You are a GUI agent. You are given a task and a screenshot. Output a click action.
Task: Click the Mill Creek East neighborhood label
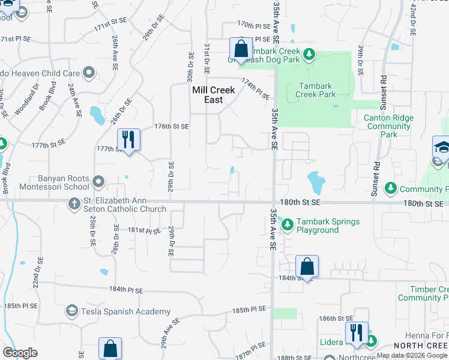pos(213,95)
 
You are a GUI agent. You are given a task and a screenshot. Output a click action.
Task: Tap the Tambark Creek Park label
pos(316,90)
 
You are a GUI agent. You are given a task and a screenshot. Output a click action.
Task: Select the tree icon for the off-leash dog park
pos(309,55)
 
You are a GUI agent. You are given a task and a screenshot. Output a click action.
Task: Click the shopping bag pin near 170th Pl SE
pos(241,49)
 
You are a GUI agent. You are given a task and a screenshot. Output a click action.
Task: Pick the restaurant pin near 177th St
pos(128,140)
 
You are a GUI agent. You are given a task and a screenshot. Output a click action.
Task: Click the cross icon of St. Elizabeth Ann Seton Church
pos(74,205)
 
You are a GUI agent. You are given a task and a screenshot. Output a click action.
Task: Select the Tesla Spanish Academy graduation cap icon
pos(72,311)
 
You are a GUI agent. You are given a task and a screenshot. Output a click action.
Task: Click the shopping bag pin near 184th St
pos(307,266)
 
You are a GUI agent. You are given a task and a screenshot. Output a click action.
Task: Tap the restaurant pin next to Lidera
pos(357,332)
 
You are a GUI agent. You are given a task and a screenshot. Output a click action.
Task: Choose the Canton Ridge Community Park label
pos(388,126)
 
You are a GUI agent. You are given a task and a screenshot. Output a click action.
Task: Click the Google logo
pos(20,353)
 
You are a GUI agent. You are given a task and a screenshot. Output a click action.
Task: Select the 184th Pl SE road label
pos(126,290)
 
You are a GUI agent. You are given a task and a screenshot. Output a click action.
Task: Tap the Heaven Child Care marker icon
pos(89,74)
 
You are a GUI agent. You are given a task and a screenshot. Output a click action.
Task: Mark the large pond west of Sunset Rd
pos(316,180)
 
